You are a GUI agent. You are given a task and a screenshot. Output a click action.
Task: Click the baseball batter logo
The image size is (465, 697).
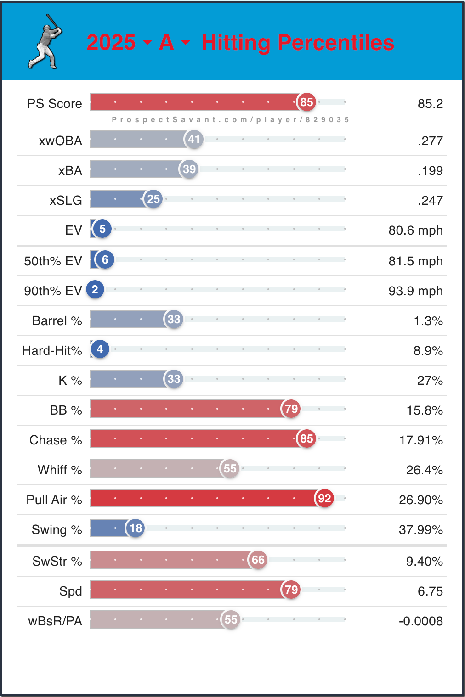point(45,42)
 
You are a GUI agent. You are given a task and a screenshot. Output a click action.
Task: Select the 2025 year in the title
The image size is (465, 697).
point(111,43)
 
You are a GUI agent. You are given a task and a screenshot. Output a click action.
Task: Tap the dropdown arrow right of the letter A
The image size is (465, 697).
point(186,43)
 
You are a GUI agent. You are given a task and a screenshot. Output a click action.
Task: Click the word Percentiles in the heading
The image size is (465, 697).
point(336,43)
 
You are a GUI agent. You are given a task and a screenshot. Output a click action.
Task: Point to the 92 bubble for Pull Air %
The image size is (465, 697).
point(324,499)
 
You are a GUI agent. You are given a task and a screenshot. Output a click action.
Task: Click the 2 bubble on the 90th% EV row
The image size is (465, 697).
point(95,289)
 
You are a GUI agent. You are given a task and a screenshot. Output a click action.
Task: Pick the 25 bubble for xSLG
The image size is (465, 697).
point(153,199)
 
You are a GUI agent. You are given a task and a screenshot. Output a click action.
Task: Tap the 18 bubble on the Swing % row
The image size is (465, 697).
point(136,528)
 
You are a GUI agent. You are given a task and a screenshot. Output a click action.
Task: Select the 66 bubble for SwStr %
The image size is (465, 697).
point(258,560)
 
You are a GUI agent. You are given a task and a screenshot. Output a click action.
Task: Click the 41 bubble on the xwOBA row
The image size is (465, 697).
point(194,139)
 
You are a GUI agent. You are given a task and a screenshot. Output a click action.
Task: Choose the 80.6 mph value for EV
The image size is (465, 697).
point(415,230)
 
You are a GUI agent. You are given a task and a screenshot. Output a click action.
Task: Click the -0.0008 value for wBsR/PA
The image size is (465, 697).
point(420,621)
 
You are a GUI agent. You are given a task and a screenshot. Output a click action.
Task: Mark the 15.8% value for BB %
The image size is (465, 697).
point(425,410)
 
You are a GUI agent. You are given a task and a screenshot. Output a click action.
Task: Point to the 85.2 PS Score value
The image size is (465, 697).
point(430,104)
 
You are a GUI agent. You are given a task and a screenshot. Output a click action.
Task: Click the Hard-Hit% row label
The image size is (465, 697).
point(52,351)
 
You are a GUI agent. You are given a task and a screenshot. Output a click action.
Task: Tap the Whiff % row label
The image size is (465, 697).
point(60,470)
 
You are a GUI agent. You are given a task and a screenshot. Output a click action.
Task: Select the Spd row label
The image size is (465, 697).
point(70,591)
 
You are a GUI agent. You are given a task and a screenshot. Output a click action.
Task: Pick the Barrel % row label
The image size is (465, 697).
point(57,320)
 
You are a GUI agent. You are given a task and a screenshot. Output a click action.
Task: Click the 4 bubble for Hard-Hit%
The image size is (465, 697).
point(100,349)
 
